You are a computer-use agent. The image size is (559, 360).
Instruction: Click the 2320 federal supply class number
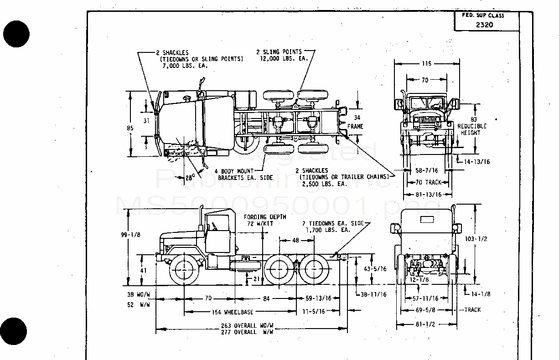pyautogui.click(x=484, y=25)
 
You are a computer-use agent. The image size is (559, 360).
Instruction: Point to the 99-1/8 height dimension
pyautogui.click(x=131, y=235)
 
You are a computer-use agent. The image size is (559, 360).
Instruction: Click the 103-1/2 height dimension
pyautogui.click(x=488, y=239)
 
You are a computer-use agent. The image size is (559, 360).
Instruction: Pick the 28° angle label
pyautogui.click(x=190, y=178)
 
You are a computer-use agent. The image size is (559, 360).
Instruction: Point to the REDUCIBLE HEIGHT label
pyautogui.click(x=471, y=129)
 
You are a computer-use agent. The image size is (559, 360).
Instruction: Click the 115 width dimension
pyautogui.click(x=426, y=64)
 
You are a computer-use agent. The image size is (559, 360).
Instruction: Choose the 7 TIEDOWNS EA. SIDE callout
pyautogui.click(x=334, y=226)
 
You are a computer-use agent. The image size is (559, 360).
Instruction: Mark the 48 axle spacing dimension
pyautogui.click(x=295, y=240)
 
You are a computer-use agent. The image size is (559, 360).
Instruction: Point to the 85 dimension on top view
pyautogui.click(x=130, y=128)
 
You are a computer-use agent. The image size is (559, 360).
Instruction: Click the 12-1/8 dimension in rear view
pyautogui.click(x=420, y=279)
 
